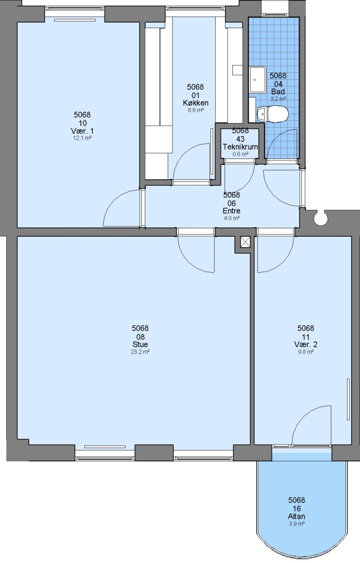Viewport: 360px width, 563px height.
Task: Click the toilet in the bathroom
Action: [x=272, y=114]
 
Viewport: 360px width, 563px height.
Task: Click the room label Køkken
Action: [x=195, y=103]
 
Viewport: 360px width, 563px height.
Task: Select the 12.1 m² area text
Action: [x=82, y=138]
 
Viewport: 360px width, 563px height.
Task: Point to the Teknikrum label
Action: [x=240, y=147]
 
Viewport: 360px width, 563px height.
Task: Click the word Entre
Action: [x=231, y=211]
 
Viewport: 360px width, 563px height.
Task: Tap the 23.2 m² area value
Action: [x=140, y=352]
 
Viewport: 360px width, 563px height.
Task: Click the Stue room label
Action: [x=140, y=345]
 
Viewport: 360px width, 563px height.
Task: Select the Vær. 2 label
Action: [x=305, y=345]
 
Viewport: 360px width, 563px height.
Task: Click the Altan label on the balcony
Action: [x=296, y=516]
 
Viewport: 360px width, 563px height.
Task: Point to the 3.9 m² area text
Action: [x=296, y=524]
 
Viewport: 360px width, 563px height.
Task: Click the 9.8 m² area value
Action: [x=306, y=352]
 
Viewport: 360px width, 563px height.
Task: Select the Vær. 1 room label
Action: [x=82, y=131]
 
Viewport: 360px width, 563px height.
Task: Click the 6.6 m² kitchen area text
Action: [x=195, y=110]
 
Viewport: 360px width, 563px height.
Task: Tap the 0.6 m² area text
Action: [x=240, y=154]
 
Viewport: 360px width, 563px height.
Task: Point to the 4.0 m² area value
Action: [x=231, y=218]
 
